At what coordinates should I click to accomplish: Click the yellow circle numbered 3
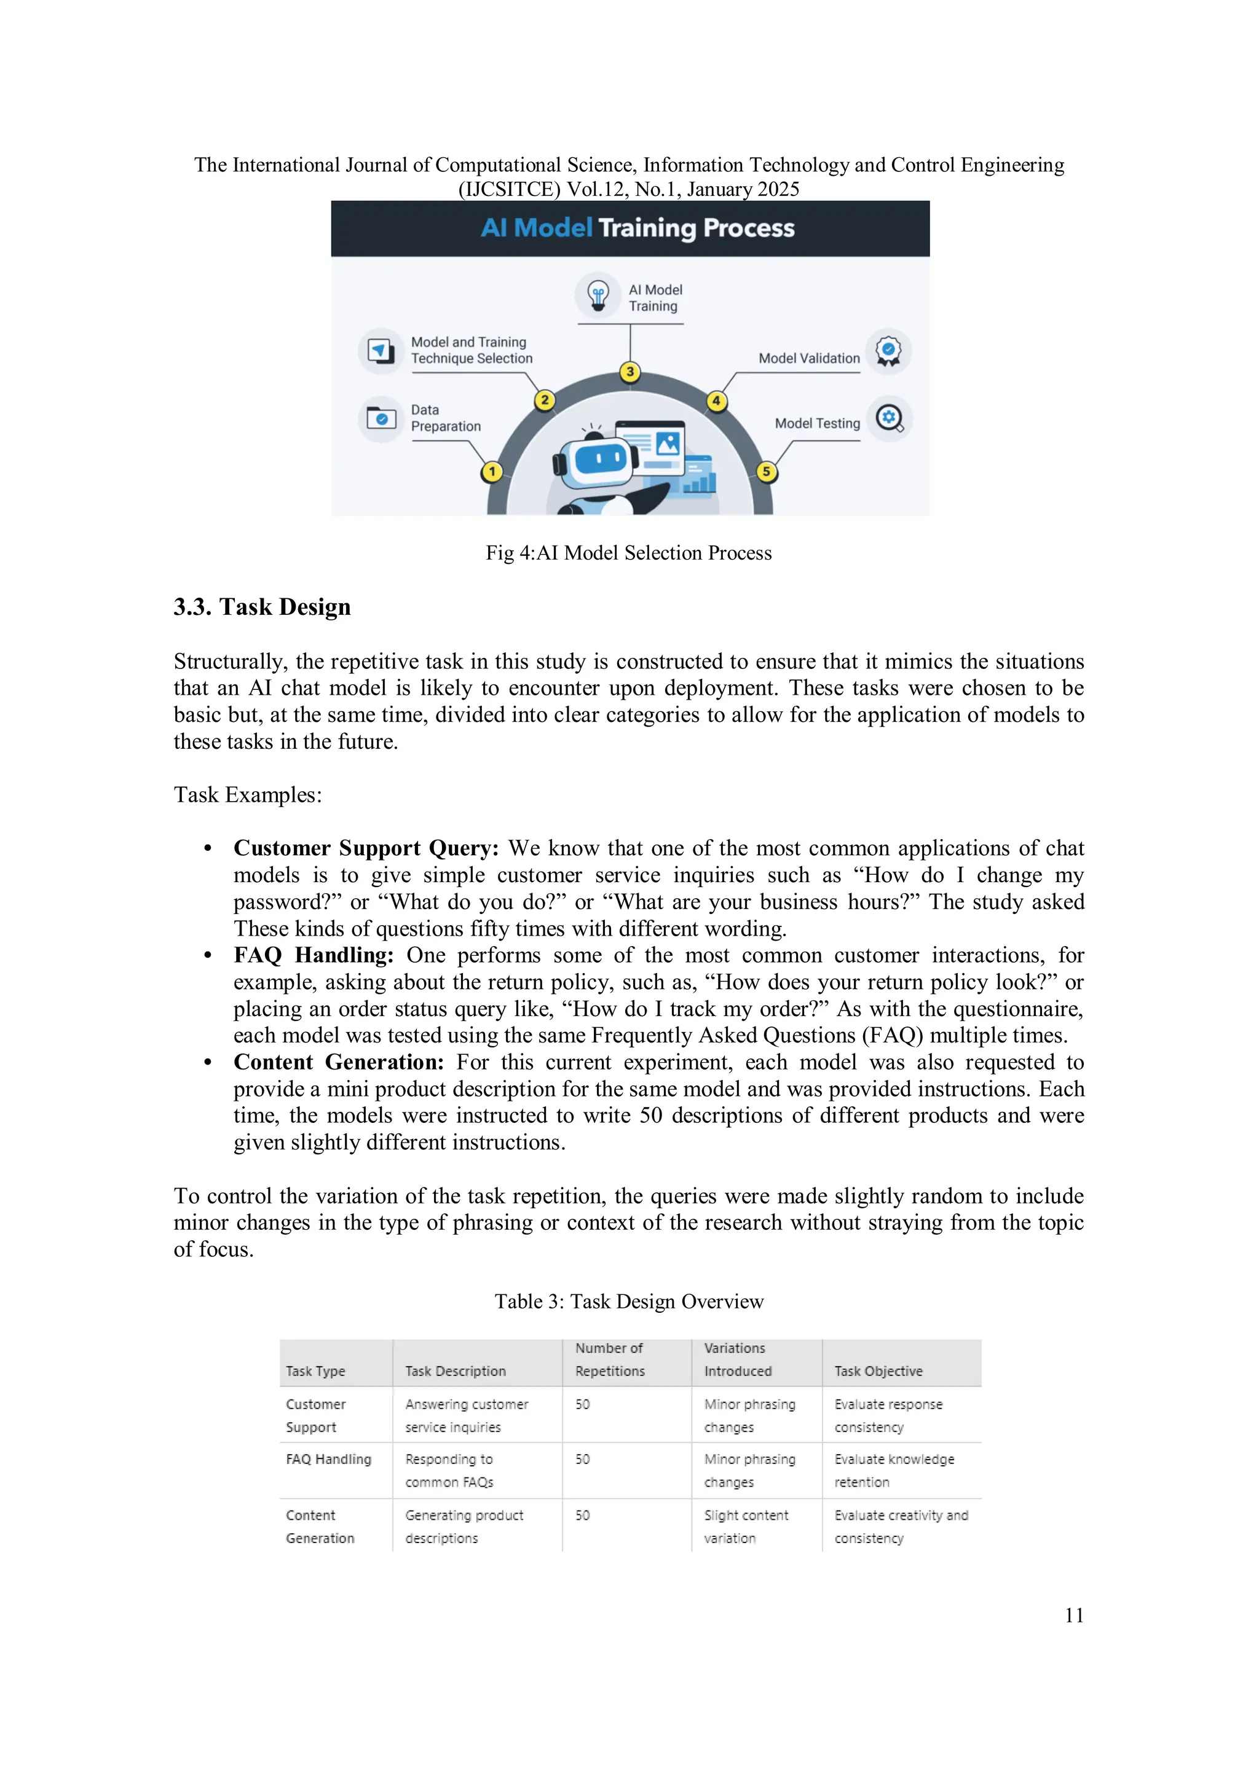tap(630, 372)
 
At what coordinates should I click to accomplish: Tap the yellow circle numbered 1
tap(492, 471)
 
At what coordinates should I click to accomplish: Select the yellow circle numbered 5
tap(766, 471)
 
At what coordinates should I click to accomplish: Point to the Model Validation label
tap(808, 358)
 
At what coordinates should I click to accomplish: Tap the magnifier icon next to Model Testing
tap(889, 419)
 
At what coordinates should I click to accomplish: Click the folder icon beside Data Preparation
tap(381, 418)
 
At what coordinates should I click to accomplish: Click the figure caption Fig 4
tap(629, 552)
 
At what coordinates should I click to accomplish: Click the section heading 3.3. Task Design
tap(262, 607)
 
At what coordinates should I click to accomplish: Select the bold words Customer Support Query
tap(366, 848)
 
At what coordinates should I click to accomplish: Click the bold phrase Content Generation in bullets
tap(339, 1062)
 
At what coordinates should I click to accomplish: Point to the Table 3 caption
tap(629, 1302)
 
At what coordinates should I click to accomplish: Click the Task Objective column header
tap(878, 1370)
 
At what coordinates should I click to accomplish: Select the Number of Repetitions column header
tap(609, 1360)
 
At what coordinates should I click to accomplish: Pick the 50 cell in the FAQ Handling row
tap(582, 1459)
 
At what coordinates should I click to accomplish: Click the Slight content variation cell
tap(746, 1527)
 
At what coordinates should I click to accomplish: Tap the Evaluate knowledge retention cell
tap(894, 1470)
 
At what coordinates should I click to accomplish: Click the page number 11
tap(1074, 1616)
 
